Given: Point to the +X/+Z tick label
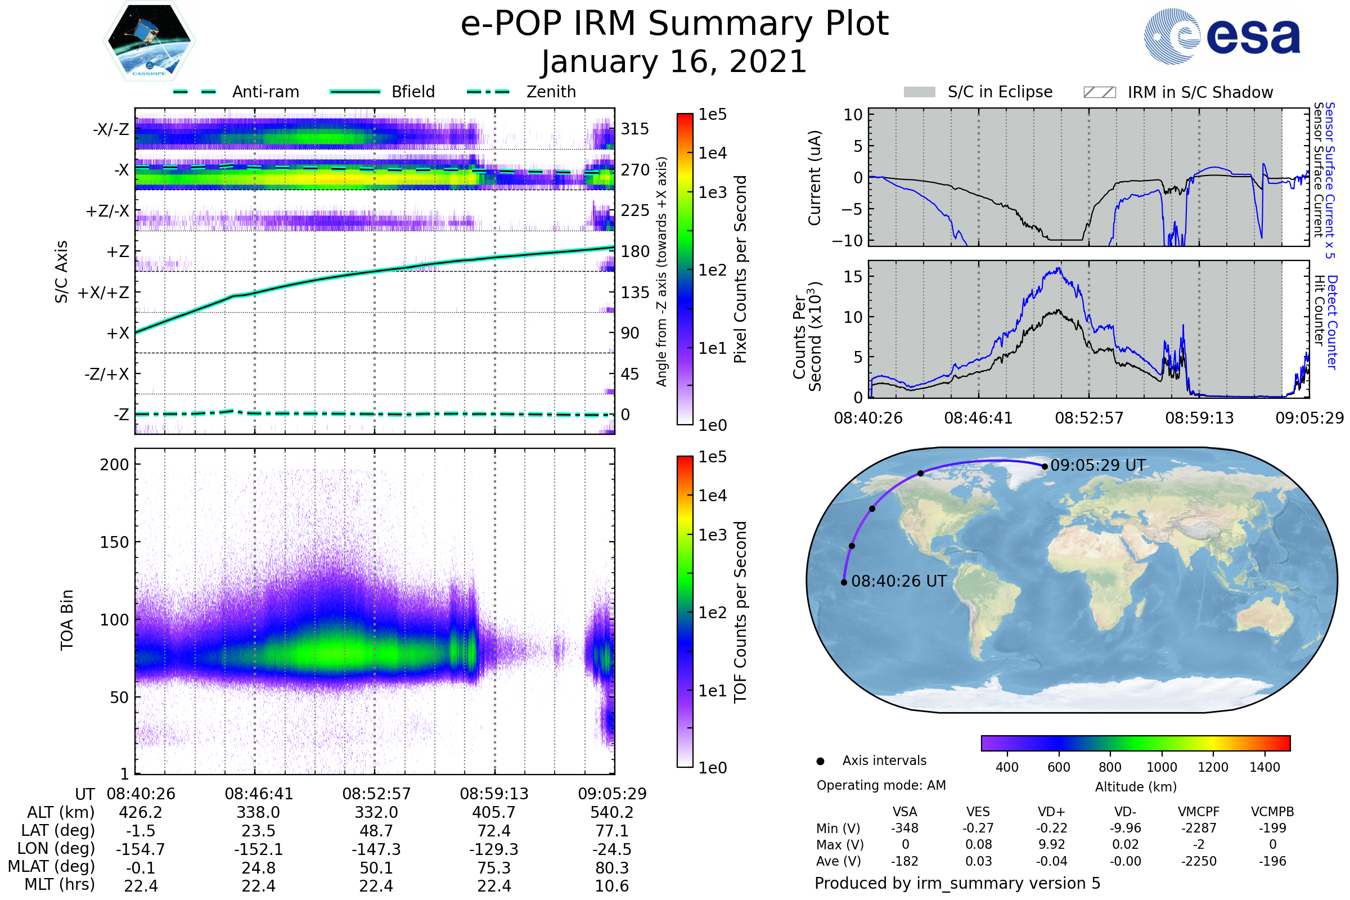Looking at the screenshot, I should click(x=103, y=292).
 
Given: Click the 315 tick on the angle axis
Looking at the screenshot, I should click(x=635, y=129).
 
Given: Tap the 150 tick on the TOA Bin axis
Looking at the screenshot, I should click(x=114, y=542).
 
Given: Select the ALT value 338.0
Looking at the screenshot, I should click(x=258, y=813).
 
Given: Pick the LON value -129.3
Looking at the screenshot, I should click(x=494, y=849).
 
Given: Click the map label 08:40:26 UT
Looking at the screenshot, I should click(x=898, y=582).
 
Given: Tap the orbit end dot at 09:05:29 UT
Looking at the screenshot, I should click(x=1045, y=467).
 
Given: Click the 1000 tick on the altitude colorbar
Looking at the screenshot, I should click(x=1161, y=767).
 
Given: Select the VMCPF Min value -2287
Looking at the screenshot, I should click(x=1199, y=828).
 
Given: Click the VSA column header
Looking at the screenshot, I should click(x=904, y=812).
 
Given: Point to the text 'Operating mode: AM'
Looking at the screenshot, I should click(x=881, y=785).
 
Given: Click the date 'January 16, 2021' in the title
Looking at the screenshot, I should click(x=674, y=62).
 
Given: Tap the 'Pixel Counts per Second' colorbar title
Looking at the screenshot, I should click(x=740, y=269).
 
